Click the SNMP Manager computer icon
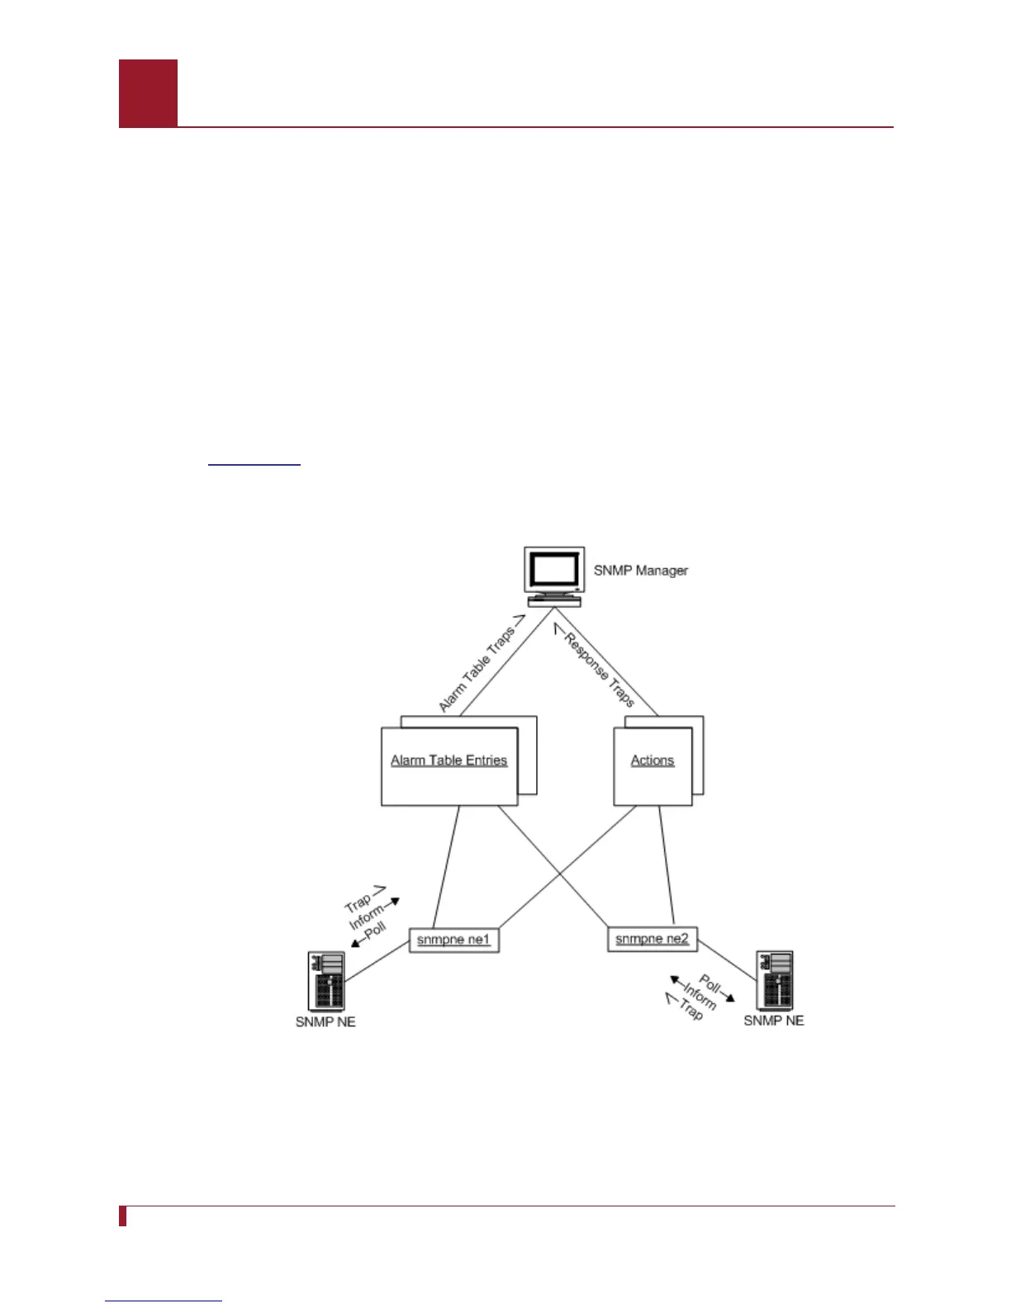click(x=555, y=576)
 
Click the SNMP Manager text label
click(x=640, y=571)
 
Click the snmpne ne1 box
click(x=453, y=940)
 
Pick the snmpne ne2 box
click(x=652, y=939)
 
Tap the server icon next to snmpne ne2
click(x=775, y=979)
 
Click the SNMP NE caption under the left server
click(x=325, y=1022)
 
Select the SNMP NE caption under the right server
click(x=774, y=1021)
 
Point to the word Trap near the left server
click(x=358, y=901)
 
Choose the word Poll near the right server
click(x=710, y=983)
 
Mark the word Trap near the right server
click(x=691, y=1009)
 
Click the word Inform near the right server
click(x=700, y=996)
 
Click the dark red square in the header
click(x=148, y=93)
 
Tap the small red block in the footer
click(x=123, y=1216)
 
